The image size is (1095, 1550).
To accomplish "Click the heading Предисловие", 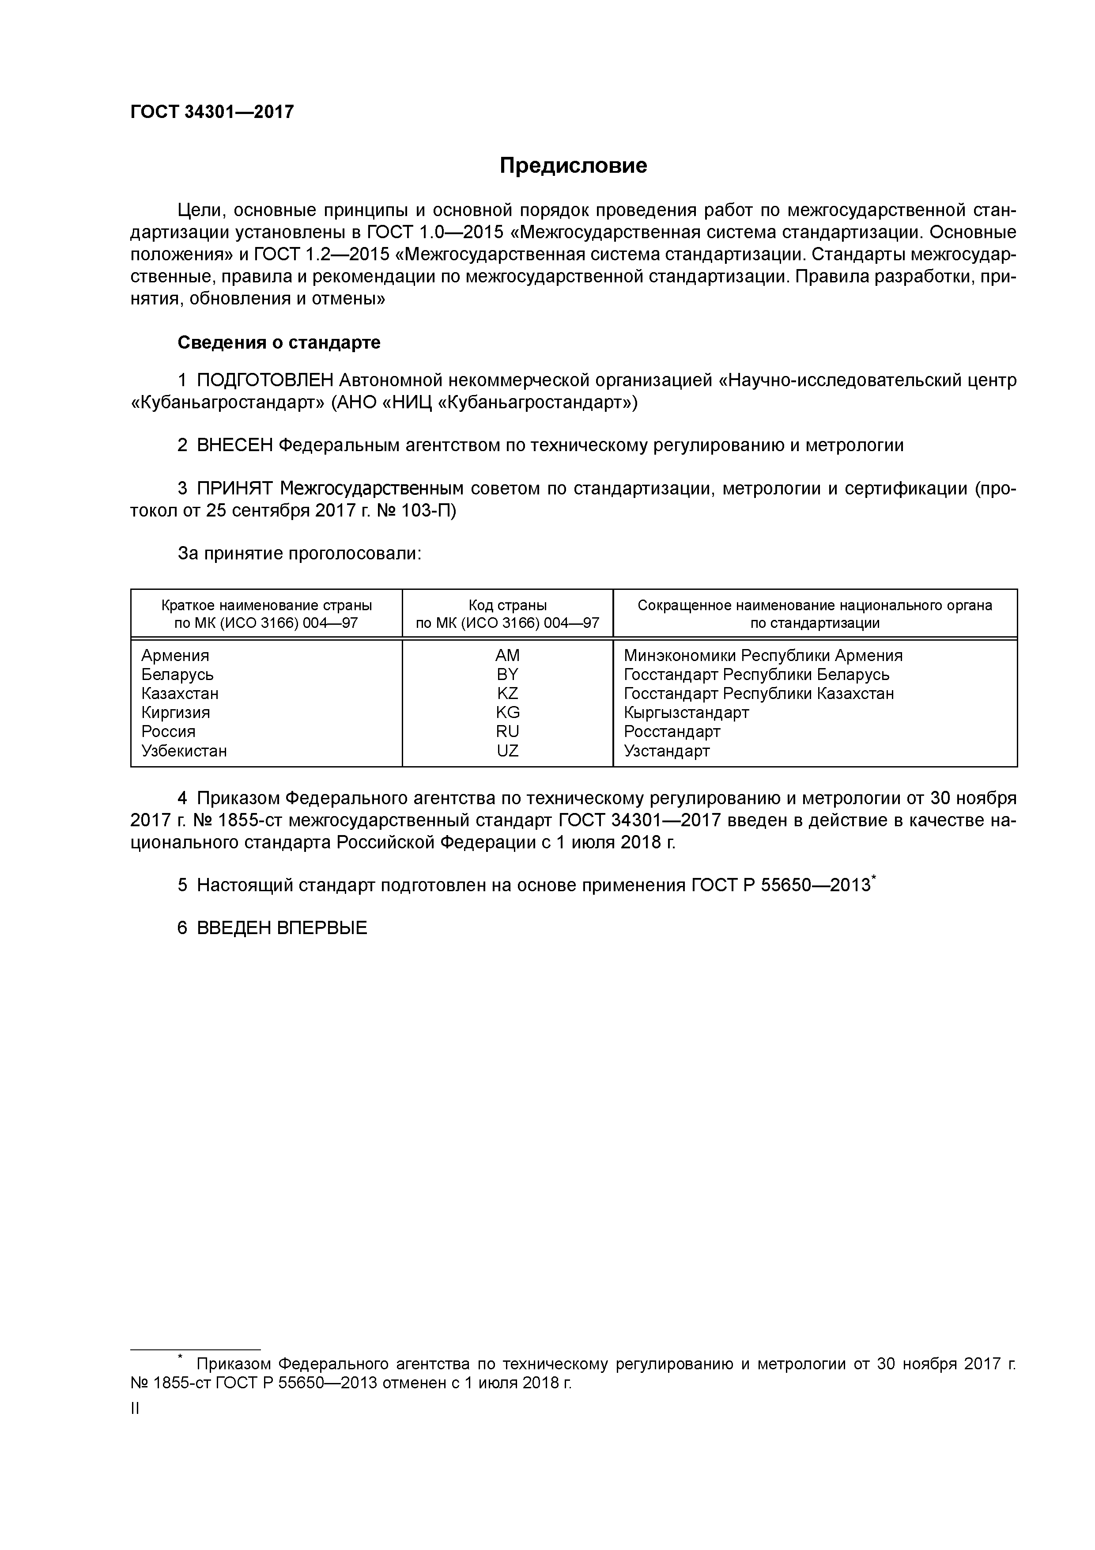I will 574,165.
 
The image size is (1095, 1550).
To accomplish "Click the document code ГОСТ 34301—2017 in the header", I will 212,112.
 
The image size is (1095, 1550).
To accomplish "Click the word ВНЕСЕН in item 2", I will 235,445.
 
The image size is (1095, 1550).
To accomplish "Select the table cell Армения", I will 175,656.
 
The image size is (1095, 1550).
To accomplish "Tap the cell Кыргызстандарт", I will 686,713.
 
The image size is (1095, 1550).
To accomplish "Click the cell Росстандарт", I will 672,732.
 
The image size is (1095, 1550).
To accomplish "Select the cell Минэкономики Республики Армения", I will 763,656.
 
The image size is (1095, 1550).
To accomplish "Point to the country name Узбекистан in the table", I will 184,751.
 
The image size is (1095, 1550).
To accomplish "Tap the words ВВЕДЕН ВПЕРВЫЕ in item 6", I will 282,928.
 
